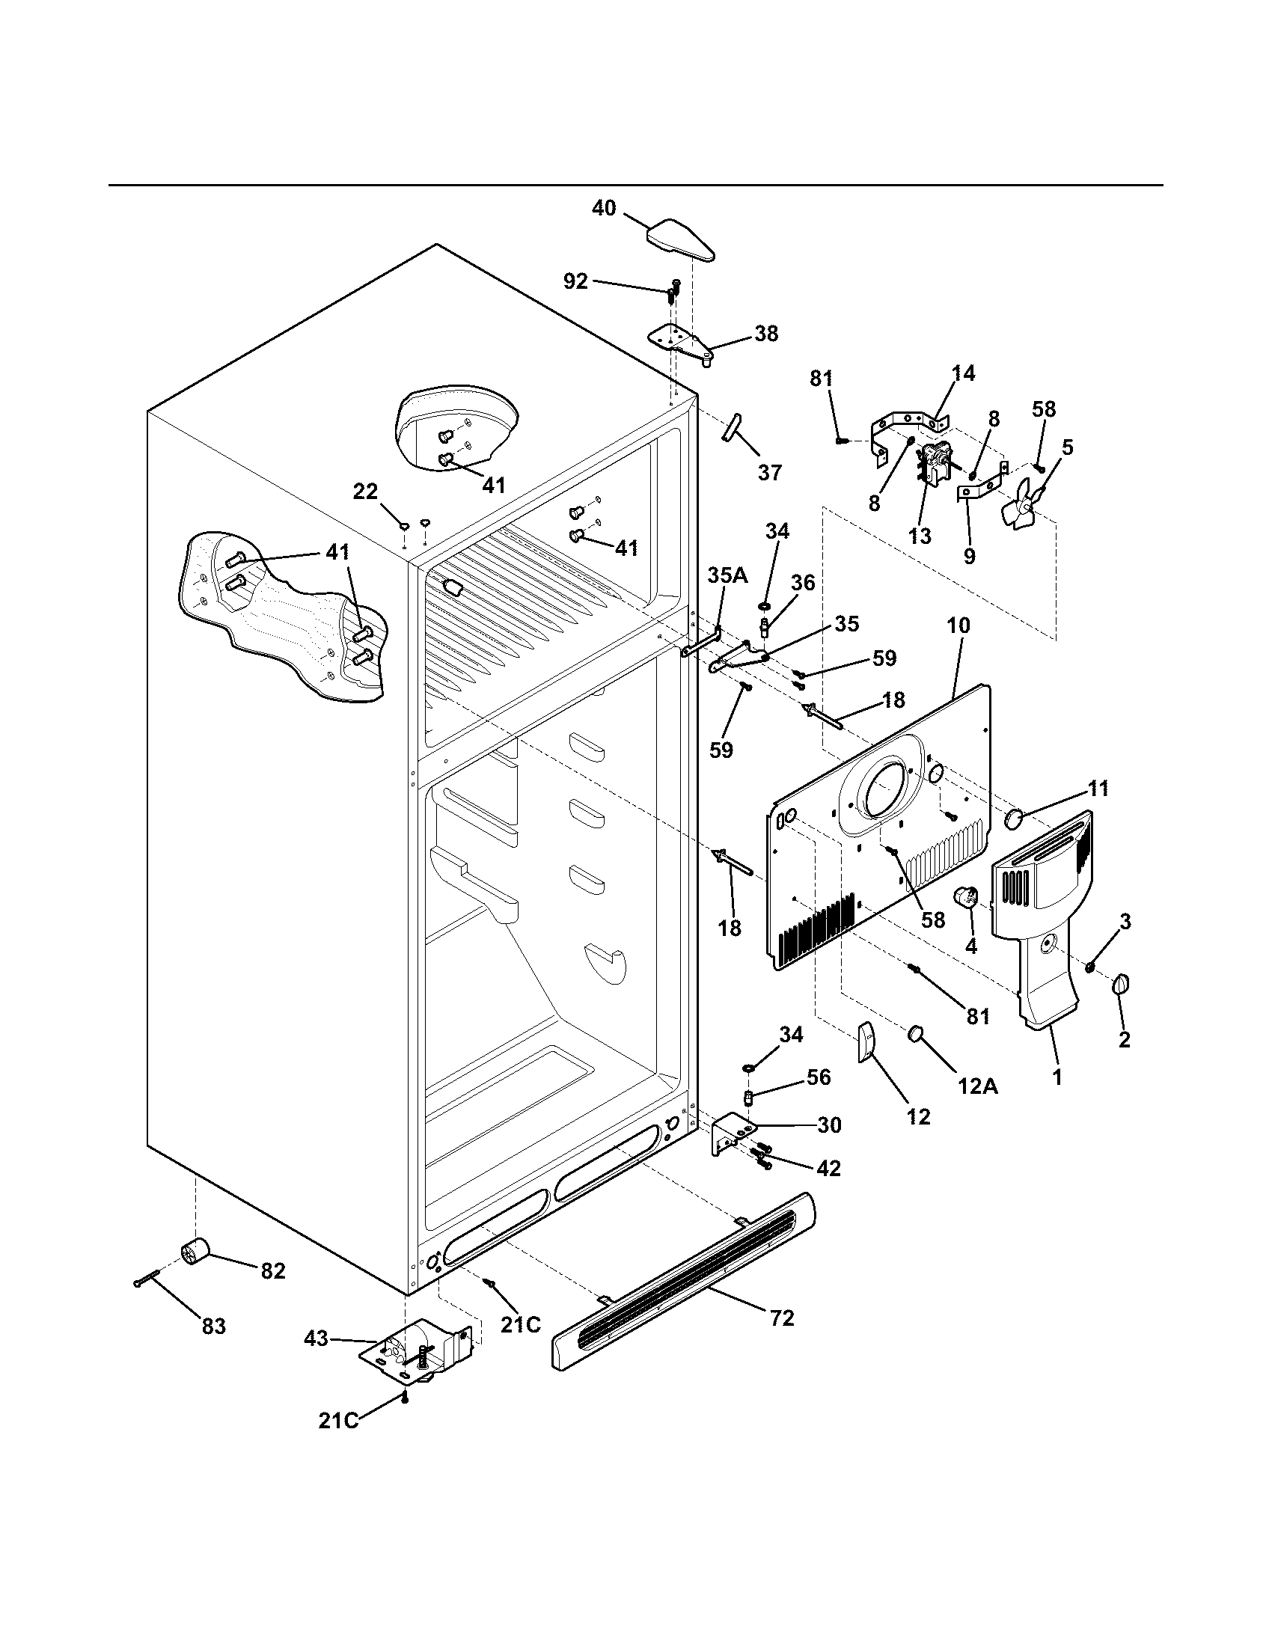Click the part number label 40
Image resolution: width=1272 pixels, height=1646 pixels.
(x=604, y=208)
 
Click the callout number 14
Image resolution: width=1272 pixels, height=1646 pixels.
(x=962, y=373)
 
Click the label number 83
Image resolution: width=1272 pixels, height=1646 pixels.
(x=213, y=1326)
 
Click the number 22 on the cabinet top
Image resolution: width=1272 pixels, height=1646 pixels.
(x=364, y=492)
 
